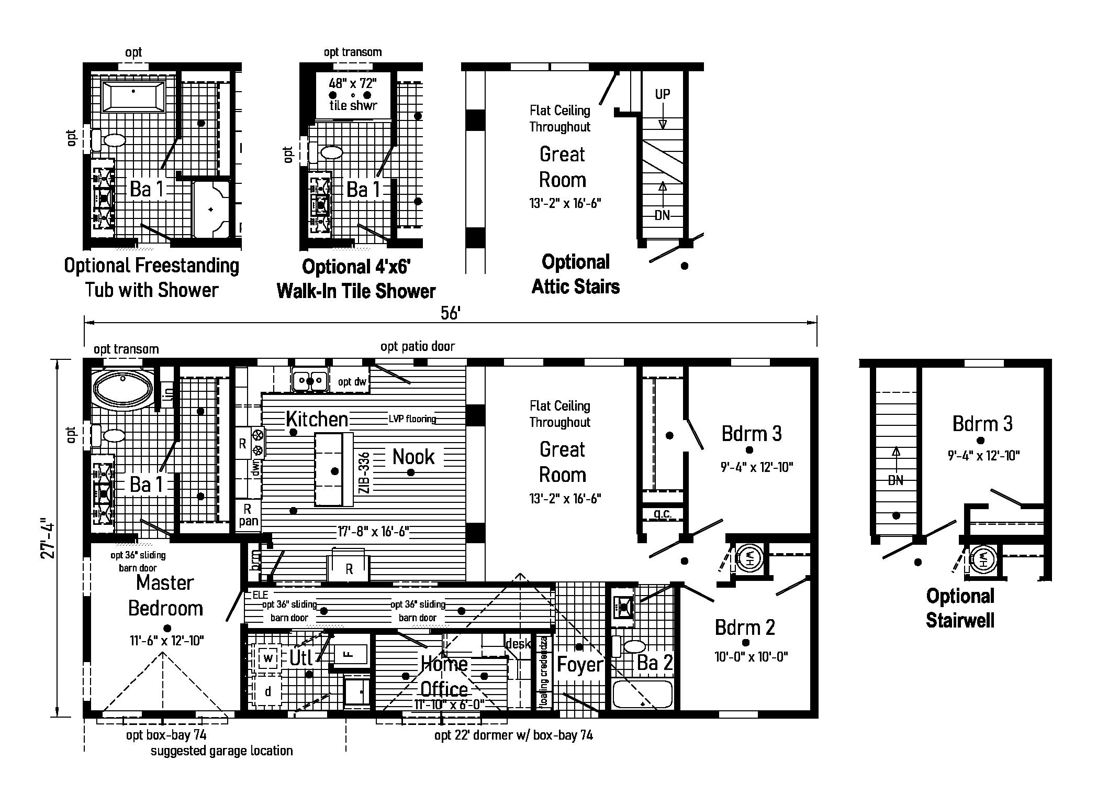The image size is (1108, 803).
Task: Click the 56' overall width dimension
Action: click(x=450, y=313)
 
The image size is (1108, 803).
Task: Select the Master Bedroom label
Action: click(x=165, y=596)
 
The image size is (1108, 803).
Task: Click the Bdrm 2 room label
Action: click(x=745, y=627)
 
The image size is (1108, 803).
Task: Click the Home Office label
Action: click(x=444, y=676)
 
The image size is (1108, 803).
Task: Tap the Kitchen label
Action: click(x=317, y=419)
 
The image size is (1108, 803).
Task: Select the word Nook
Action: click(x=413, y=457)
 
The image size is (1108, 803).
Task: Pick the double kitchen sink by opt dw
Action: click(x=310, y=380)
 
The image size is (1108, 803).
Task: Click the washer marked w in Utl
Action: click(x=268, y=658)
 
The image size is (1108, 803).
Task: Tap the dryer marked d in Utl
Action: click(x=268, y=691)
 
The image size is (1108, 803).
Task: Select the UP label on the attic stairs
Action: click(x=663, y=94)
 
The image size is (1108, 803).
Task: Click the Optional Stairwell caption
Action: click(x=960, y=608)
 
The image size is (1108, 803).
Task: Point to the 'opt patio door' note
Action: click(x=418, y=346)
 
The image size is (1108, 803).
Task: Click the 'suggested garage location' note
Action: click(x=221, y=751)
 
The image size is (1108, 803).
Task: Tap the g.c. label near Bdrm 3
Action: click(x=663, y=513)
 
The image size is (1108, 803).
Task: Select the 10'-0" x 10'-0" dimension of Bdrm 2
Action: click(x=751, y=657)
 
